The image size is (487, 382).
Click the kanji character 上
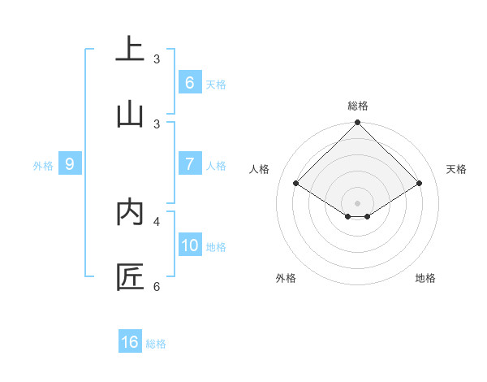(130, 49)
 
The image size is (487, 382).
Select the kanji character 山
(130, 114)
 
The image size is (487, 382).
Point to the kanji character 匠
(130, 276)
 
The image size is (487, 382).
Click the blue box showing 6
(189, 82)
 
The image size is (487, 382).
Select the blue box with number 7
(189, 164)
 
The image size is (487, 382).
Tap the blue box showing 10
(190, 245)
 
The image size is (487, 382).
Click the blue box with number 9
(70, 164)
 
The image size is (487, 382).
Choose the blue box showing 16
(130, 342)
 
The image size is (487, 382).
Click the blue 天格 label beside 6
(216, 84)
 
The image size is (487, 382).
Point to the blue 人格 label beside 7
(216, 166)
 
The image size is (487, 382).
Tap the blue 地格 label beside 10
(217, 247)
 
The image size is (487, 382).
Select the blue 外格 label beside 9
(43, 166)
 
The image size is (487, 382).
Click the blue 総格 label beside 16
(156, 344)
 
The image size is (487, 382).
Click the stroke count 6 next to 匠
(157, 286)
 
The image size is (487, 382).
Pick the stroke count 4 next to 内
(157, 221)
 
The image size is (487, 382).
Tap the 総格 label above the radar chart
(358, 106)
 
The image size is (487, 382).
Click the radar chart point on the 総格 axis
(358, 124)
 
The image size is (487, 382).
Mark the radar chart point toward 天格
(420, 184)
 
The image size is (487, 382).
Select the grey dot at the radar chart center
(358, 202)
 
